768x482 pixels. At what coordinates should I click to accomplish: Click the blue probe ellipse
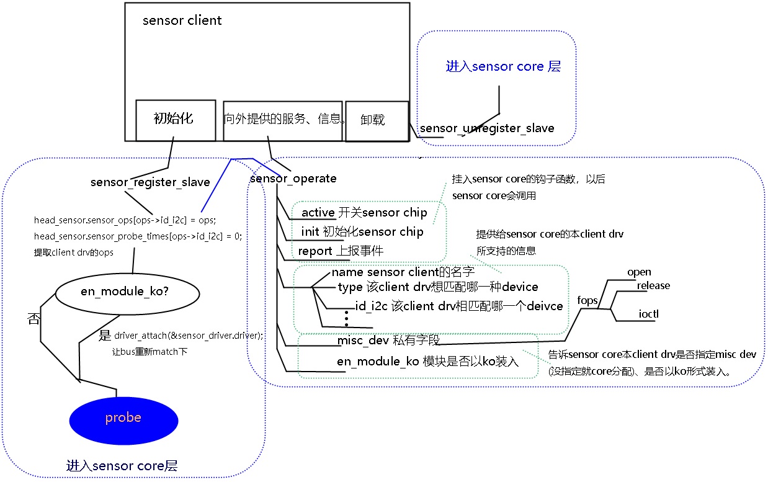(123, 419)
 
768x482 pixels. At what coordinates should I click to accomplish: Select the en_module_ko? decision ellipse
(123, 292)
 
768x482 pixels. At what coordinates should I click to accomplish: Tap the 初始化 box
(173, 119)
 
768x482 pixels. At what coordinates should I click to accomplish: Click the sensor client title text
(182, 20)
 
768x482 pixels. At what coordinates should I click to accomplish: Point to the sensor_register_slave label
(150, 182)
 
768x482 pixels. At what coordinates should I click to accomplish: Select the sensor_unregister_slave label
(487, 128)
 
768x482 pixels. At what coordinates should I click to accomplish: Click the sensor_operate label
(293, 179)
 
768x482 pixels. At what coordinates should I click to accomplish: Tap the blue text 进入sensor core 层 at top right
(503, 66)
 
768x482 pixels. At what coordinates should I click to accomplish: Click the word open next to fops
(639, 272)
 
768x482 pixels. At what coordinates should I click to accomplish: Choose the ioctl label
(648, 314)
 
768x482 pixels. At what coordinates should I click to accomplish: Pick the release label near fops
(653, 285)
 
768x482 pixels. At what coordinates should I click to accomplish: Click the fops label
(587, 300)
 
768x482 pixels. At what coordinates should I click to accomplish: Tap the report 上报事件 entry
(340, 251)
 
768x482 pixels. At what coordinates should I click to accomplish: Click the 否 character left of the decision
(33, 319)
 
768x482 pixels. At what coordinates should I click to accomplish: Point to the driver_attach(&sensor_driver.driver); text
(189, 335)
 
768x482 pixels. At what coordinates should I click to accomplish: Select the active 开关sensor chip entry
(364, 213)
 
